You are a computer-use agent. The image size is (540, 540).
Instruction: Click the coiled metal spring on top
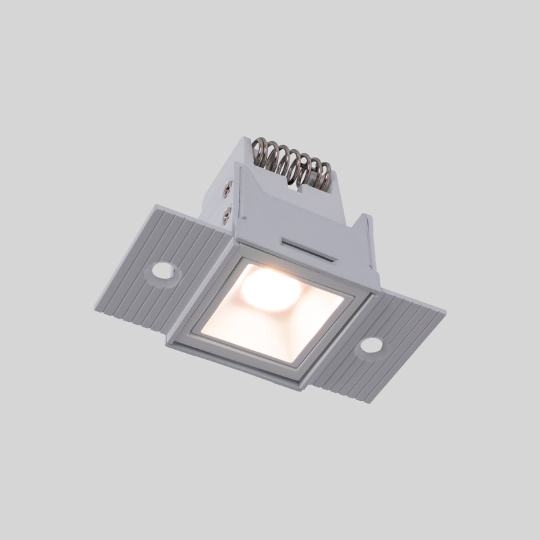[291, 162]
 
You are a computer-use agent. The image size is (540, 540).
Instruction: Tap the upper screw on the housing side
[228, 191]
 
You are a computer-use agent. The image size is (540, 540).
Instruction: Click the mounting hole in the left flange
[163, 271]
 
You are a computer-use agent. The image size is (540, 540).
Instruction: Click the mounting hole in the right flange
[371, 346]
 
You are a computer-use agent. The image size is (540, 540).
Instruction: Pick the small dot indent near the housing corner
[247, 218]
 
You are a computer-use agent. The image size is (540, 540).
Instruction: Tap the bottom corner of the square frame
[294, 389]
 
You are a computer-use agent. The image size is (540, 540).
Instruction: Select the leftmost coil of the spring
[260, 152]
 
